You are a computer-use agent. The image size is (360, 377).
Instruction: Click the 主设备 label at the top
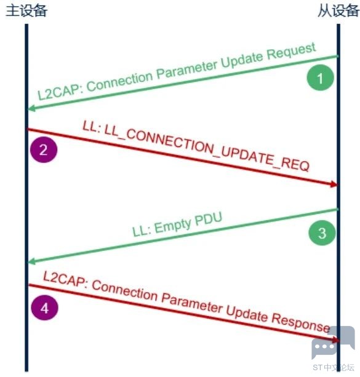[26, 11]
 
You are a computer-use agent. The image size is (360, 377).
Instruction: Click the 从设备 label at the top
[338, 11]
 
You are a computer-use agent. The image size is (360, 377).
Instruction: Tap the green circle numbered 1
[320, 77]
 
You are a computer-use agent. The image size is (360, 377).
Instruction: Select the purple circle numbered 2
[44, 149]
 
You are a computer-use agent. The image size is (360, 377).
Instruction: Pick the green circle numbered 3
[322, 232]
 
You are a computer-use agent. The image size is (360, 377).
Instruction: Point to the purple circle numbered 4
[44, 308]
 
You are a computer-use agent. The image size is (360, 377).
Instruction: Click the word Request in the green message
[292, 51]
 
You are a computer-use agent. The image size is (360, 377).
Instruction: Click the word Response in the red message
[300, 323]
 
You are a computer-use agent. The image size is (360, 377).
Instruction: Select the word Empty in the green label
[173, 225]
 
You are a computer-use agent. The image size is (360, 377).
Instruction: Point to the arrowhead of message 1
[31, 108]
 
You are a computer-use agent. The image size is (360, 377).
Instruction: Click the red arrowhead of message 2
[334, 184]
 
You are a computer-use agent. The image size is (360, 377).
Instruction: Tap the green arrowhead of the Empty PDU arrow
[31, 261]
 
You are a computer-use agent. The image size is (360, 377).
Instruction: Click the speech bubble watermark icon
[333, 342]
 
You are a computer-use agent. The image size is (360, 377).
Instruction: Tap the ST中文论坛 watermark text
[334, 367]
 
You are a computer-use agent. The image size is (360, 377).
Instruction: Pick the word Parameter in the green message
[187, 69]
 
